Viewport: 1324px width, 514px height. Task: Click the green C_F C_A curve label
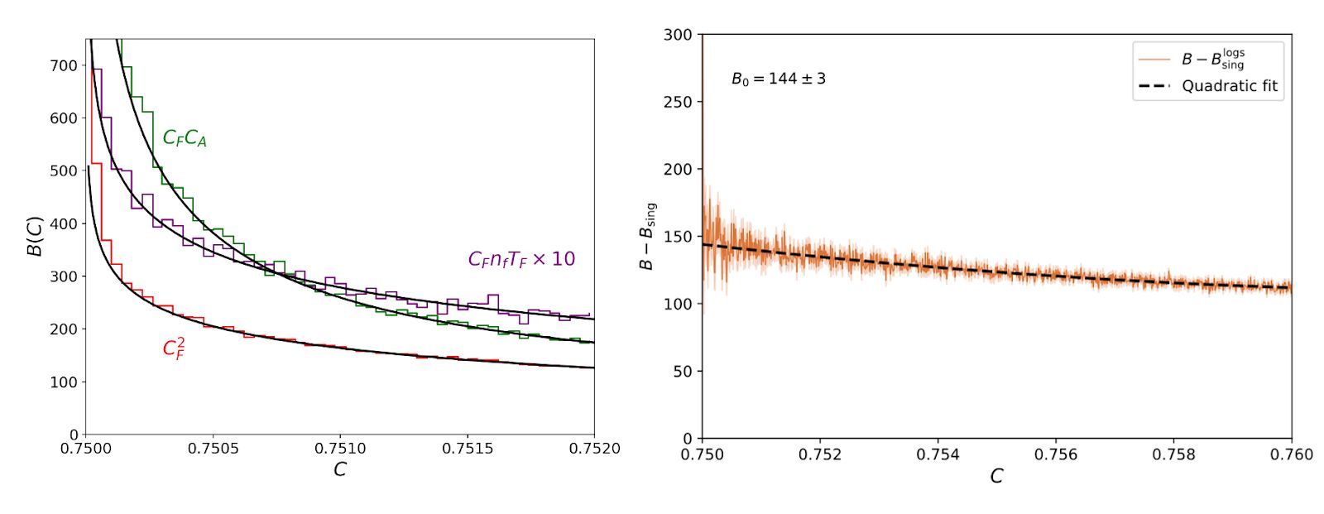tap(185, 138)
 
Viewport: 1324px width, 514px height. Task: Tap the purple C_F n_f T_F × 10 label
tap(521, 260)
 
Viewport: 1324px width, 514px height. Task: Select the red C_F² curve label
tap(174, 348)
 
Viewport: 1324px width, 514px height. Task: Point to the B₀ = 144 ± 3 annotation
tap(778, 79)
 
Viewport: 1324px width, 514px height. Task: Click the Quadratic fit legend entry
tap(1229, 86)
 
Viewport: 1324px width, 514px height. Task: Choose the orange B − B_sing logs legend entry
tap(1212, 59)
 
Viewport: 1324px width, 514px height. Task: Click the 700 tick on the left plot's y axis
tap(64, 65)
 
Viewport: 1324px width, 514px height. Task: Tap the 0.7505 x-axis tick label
tap(213, 449)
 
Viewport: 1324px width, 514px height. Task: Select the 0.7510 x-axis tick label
tap(340, 449)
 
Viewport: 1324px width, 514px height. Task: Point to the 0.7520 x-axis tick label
tap(594, 449)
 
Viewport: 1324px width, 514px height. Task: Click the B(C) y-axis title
tap(36, 236)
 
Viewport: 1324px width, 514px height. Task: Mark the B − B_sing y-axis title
tap(646, 236)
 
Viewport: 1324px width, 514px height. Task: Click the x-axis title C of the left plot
tap(339, 469)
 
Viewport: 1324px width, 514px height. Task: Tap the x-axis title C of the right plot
tap(996, 476)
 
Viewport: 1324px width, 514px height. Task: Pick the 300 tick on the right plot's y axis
tap(678, 35)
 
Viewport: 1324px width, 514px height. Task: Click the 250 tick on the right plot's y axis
tap(678, 102)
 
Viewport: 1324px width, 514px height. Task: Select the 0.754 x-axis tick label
tap(938, 454)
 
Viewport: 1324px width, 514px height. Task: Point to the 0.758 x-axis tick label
tap(1173, 454)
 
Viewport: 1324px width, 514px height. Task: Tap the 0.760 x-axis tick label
tap(1291, 454)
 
